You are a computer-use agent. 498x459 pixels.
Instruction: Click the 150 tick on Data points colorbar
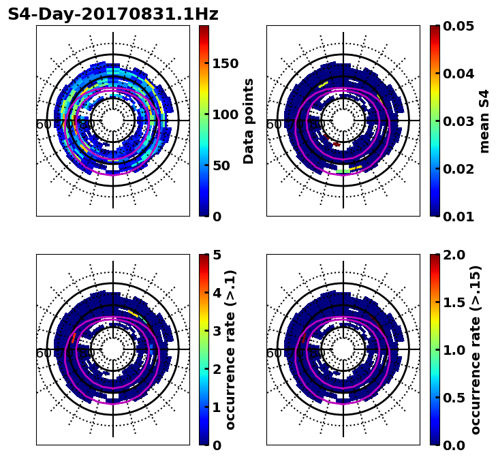pyautogui.click(x=225, y=63)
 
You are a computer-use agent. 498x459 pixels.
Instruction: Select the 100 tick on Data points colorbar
pyautogui.click(x=225, y=114)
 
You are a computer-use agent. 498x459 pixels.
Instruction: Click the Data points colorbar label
pyautogui.click(x=249, y=121)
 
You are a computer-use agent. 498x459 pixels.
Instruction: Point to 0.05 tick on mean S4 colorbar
pyautogui.click(x=458, y=26)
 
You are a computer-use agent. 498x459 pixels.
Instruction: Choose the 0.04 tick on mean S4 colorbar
pyautogui.click(x=458, y=74)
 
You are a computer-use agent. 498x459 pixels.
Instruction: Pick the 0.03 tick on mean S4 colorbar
pyautogui.click(x=458, y=121)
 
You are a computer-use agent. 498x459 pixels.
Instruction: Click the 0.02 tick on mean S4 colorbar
pyautogui.click(x=458, y=169)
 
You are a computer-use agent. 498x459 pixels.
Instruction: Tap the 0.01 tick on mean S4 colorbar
pyautogui.click(x=458, y=217)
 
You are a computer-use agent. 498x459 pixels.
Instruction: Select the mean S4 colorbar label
pyautogui.click(x=484, y=121)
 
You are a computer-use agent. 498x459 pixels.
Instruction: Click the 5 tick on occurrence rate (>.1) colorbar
pyautogui.click(x=217, y=255)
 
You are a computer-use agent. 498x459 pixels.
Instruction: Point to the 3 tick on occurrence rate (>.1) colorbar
pyautogui.click(x=217, y=331)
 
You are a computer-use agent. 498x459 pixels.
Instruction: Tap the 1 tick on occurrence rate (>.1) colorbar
pyautogui.click(x=217, y=407)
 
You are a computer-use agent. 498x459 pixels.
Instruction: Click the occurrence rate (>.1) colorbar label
pyautogui.click(x=230, y=350)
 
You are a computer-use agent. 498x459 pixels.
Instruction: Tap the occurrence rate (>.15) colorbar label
pyautogui.click(x=476, y=350)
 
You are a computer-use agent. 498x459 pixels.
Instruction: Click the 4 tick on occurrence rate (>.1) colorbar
pyautogui.click(x=217, y=293)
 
